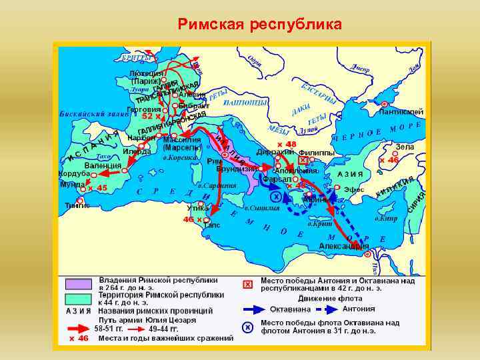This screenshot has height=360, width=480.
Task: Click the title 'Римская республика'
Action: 259,25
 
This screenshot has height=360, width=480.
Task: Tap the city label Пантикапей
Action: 402,111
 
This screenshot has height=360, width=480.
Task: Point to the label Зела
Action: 405,147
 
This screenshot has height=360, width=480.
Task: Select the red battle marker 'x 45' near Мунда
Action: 97,188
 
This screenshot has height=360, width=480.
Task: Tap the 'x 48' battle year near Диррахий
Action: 287,144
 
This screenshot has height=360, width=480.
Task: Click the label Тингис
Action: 77,205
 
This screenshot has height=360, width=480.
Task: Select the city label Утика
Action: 198,208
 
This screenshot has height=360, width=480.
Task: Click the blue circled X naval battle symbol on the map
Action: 275,196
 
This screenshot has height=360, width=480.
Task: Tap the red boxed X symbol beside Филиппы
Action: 303,161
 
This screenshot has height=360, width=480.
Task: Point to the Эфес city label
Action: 354,189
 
